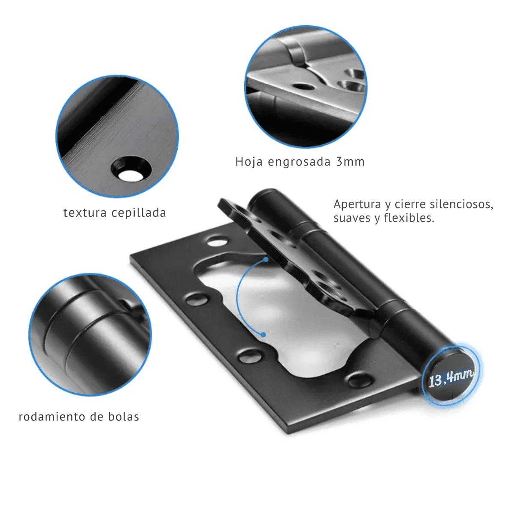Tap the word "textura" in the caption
[85, 213]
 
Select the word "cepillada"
[139, 213]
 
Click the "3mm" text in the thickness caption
[350, 162]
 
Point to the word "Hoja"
[249, 162]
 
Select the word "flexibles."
[409, 218]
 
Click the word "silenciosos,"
[461, 205]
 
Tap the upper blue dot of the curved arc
[266, 259]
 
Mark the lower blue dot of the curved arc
[263, 335]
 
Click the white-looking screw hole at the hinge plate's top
[218, 242]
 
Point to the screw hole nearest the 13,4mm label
[360, 381]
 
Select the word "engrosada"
[299, 162]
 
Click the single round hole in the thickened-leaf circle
[304, 86]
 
